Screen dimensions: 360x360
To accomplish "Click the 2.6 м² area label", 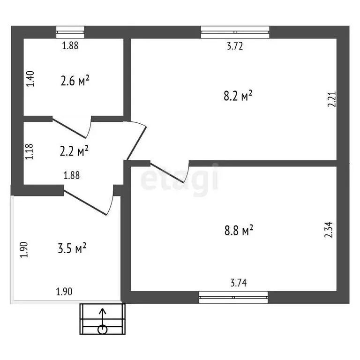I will tap(75, 81).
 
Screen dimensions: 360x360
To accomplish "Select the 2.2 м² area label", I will tap(75, 151).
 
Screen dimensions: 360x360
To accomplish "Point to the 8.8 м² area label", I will tap(239, 230).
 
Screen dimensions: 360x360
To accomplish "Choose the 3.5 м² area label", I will tap(71, 248).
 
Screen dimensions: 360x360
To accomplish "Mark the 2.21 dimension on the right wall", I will tap(332, 100).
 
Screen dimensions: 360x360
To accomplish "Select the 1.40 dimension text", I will tap(30, 78).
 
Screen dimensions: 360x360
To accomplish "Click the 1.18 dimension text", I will tap(30, 152).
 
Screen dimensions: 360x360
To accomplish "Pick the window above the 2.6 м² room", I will tap(70, 32).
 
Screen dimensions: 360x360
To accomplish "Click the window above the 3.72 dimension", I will tap(235, 32).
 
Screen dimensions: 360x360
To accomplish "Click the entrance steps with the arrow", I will tap(103, 319).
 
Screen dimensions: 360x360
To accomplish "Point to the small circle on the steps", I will tap(103, 329).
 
